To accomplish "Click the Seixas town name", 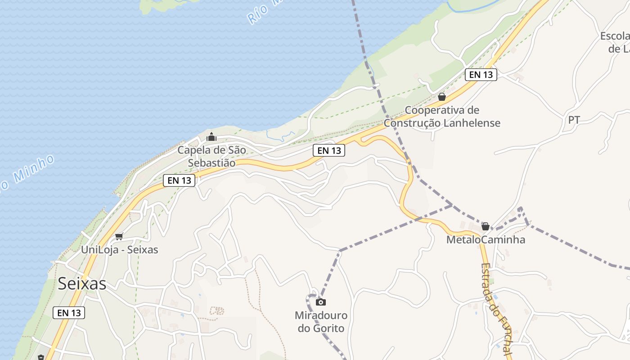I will pos(82,283).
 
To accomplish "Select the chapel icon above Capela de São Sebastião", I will pos(211,137).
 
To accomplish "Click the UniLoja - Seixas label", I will pos(120,249).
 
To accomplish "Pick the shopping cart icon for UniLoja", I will pos(119,236).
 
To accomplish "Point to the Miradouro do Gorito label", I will pos(321,322).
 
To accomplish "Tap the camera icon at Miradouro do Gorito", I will pos(321,302).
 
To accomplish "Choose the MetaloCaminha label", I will pos(486,239).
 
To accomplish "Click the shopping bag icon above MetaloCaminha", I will pos(486,226).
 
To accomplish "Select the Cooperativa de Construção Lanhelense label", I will pos(442,117).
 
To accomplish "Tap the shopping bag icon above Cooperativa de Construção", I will pos(442,97).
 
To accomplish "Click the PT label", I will pos(574,120).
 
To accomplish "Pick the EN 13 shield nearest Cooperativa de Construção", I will pos(481,75).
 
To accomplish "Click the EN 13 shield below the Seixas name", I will pos(69,312).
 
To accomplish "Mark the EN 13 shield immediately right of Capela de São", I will pos(329,150).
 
